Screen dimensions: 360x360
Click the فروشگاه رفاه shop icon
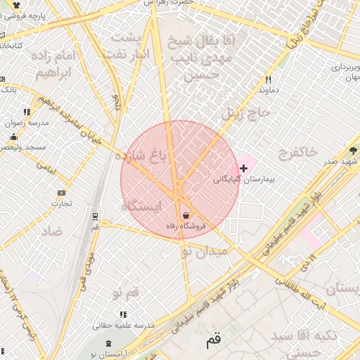pyautogui.click(x=185, y=215)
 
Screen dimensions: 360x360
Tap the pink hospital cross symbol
pyautogui.click(x=243, y=167)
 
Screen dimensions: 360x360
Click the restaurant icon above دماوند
pyautogui.click(x=267, y=80)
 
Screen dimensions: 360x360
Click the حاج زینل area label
pyautogui.click(x=241, y=110)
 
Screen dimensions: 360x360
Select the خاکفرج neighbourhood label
pyautogui.click(x=299, y=152)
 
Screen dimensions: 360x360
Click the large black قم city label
pyautogui.click(x=214, y=342)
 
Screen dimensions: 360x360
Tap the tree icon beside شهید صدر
pyautogui.click(x=354, y=150)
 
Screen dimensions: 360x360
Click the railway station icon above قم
pyautogui.click(x=95, y=216)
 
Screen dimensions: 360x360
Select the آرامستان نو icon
pyautogui.click(x=108, y=343)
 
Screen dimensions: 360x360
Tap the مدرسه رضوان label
pyautogui.click(x=27, y=122)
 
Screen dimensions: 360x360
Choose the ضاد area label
pyautogui.click(x=52, y=231)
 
